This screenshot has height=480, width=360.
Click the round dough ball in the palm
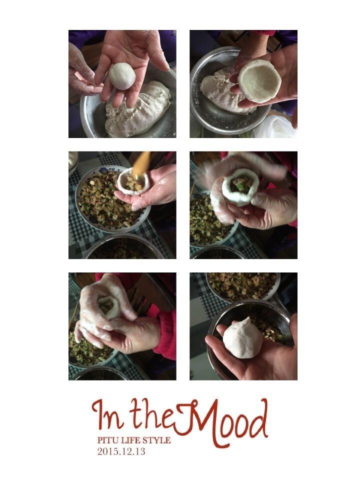122,76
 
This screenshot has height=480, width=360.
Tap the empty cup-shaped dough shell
259,80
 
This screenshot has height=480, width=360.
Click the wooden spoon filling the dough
141,164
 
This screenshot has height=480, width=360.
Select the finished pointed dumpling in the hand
242,338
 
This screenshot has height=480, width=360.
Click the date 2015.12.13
121,451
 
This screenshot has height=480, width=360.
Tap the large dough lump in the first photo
138,109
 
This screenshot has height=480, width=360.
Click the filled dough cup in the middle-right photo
240,190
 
